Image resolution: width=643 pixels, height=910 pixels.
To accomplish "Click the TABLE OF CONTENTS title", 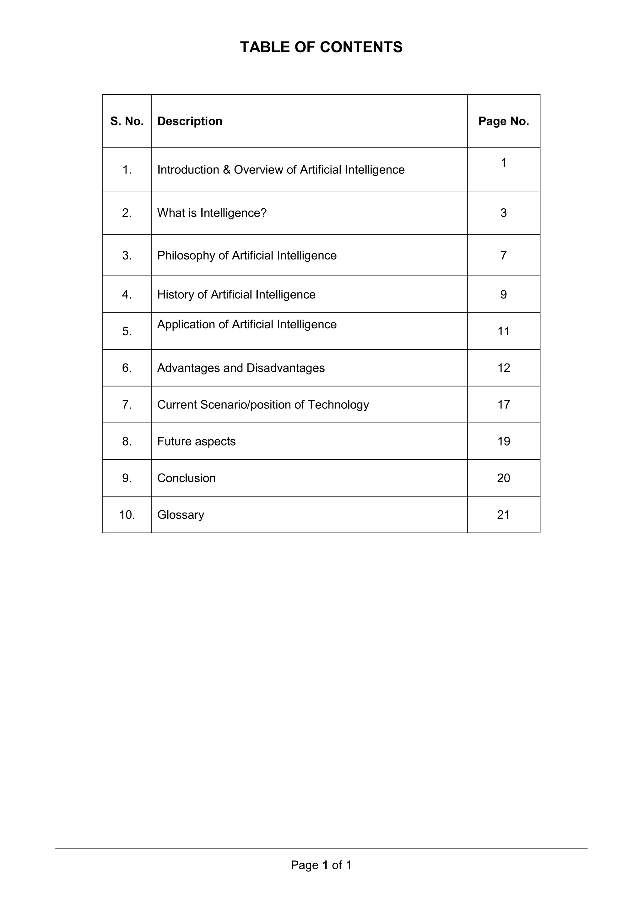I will pyautogui.click(x=321, y=47).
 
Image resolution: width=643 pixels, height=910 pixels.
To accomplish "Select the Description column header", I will pyautogui.click(x=190, y=121).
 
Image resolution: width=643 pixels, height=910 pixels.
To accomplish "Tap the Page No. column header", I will pyautogui.click(x=503, y=121).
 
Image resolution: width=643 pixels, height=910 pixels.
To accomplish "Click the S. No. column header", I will pyautogui.click(x=127, y=121).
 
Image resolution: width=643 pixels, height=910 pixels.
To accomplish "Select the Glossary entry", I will pyautogui.click(x=181, y=515).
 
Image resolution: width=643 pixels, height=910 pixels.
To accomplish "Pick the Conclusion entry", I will pyautogui.click(x=186, y=478).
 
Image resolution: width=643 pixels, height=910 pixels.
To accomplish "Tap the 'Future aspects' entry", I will pyautogui.click(x=196, y=441).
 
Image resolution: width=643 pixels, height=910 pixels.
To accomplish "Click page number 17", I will pyautogui.click(x=504, y=405).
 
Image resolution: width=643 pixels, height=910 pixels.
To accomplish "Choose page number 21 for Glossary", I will pyautogui.click(x=503, y=515).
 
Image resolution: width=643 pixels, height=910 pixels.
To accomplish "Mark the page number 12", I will pyautogui.click(x=504, y=368).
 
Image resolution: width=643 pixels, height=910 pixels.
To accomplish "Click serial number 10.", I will pyautogui.click(x=127, y=515).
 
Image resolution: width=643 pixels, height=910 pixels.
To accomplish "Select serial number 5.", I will pyautogui.click(x=127, y=331).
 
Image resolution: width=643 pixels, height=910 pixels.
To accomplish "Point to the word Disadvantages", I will pyautogui.click(x=285, y=368).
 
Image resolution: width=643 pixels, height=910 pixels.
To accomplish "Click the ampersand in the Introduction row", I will pyautogui.click(x=226, y=170).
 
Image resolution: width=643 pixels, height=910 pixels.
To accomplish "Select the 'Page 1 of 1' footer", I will pyautogui.click(x=321, y=865).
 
